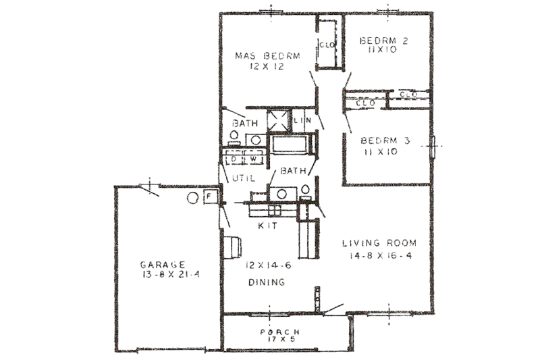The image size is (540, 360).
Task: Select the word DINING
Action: (x=265, y=282)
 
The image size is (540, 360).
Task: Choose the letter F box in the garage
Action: (x=209, y=197)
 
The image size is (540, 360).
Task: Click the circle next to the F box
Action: (x=193, y=197)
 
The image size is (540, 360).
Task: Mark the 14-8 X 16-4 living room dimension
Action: (x=379, y=257)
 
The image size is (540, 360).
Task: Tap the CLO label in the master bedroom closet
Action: (x=323, y=46)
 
